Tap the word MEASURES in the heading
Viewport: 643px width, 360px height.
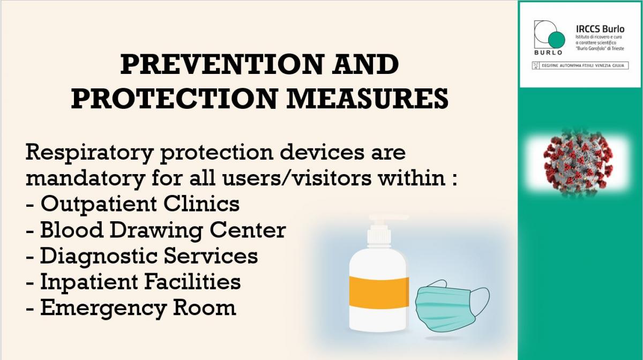point(368,98)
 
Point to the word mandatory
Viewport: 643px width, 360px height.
point(85,178)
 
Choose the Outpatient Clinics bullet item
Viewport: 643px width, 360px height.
point(133,204)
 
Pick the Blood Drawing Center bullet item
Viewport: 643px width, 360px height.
point(155,230)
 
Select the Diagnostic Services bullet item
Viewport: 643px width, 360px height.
point(142,256)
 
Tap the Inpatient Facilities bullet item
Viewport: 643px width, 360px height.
point(133,282)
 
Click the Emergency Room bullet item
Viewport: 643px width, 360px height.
point(131,307)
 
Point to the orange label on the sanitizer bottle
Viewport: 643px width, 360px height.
point(379,291)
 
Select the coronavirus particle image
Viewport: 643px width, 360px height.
point(578,164)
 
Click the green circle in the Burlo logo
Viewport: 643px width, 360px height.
point(556,40)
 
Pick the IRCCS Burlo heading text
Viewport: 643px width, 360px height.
point(600,29)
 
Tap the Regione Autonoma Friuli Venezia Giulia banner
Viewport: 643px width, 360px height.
point(580,66)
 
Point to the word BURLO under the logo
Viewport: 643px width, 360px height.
point(548,52)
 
